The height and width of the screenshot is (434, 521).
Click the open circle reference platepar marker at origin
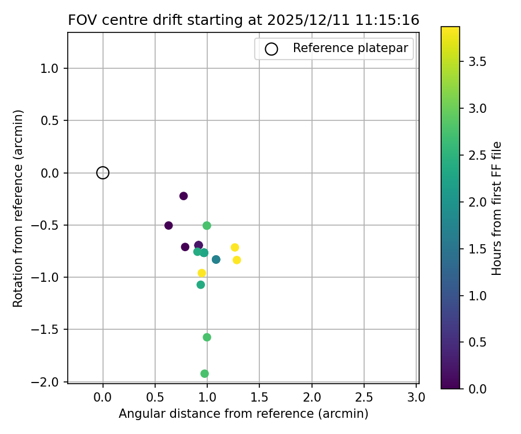click(x=102, y=172)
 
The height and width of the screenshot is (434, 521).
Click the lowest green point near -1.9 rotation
click(x=204, y=374)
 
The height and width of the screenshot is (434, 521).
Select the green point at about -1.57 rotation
click(x=207, y=337)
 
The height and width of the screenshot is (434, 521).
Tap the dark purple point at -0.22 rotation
click(x=184, y=196)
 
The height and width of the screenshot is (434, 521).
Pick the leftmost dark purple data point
click(x=168, y=225)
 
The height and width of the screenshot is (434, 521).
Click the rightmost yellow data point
click(x=237, y=260)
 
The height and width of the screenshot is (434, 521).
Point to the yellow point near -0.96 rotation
click(x=201, y=273)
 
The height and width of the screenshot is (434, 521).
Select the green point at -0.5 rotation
click(x=207, y=225)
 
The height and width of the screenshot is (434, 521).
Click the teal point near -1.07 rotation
click(x=200, y=285)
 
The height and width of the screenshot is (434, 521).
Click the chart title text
click(x=243, y=20)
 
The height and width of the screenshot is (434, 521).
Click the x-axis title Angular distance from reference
click(x=243, y=414)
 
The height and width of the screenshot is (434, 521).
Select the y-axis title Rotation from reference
click(x=19, y=208)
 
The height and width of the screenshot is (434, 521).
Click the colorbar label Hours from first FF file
click(x=496, y=208)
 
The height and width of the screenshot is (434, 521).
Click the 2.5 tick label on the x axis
click(x=364, y=398)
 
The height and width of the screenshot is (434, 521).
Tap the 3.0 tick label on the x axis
click(x=416, y=398)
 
